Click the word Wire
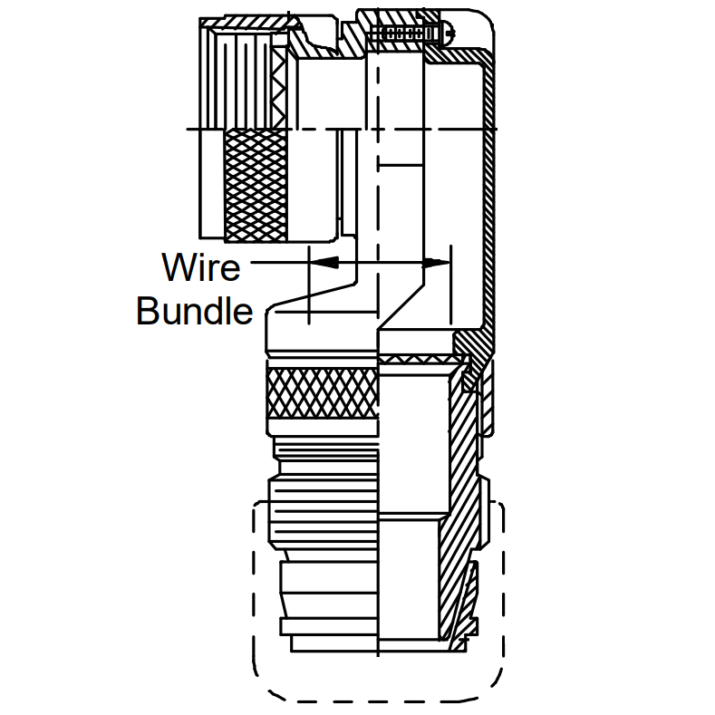tap(200, 267)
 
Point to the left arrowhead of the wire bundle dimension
tap(324, 263)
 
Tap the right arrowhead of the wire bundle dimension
tap(437, 263)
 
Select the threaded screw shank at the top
tap(398, 34)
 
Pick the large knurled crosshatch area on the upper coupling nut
tap(256, 185)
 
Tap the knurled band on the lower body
tap(323, 392)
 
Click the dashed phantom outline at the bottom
tap(254, 593)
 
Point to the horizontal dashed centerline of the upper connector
tap(342, 129)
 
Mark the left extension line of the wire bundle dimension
tap(309, 285)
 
